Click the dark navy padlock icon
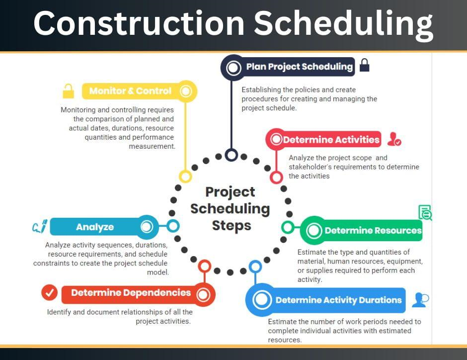(x=364, y=65)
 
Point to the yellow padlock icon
(x=68, y=91)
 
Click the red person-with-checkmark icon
(x=394, y=139)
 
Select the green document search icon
(x=425, y=212)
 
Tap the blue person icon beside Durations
(x=420, y=300)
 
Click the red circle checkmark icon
(x=50, y=293)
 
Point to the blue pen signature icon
(x=40, y=226)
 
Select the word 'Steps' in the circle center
(x=232, y=226)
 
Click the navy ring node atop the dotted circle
(x=232, y=155)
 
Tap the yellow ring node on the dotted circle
(x=185, y=177)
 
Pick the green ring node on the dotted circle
(x=288, y=227)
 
